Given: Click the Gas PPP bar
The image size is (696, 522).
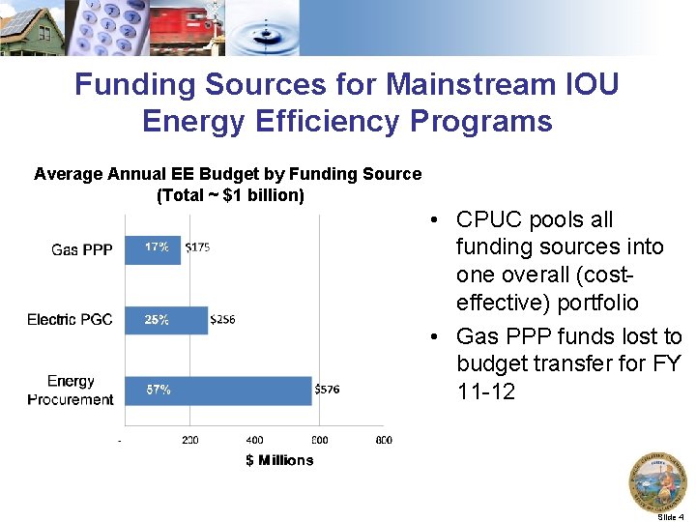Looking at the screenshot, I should [x=153, y=248].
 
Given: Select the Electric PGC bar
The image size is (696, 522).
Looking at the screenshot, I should [x=166, y=320].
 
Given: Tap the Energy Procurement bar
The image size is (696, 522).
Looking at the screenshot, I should [x=217, y=391].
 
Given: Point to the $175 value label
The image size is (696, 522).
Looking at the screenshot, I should [x=198, y=247].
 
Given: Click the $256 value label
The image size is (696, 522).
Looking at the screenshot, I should [x=223, y=320].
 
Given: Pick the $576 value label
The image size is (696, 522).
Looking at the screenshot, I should [x=328, y=391].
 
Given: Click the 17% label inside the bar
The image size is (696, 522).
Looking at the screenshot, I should [x=157, y=247].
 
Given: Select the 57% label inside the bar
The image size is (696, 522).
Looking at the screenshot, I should [x=159, y=391].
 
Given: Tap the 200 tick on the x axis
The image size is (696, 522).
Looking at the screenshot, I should [x=190, y=440].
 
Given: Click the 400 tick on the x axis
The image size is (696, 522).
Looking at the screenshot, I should [x=254, y=440].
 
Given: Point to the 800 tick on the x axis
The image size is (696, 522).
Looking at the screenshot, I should [x=383, y=440].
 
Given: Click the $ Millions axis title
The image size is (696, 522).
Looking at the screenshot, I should [x=279, y=460].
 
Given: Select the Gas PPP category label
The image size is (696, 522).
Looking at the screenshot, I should [x=82, y=249].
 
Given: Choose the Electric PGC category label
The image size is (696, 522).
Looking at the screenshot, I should [x=70, y=320].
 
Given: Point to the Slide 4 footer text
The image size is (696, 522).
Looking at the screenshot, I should [x=670, y=517].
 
